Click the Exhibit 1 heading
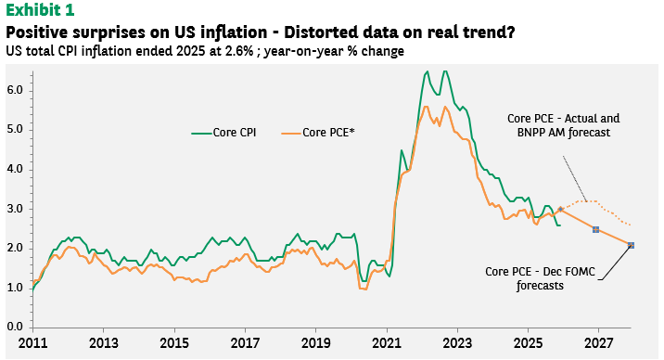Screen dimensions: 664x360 coord(40,10)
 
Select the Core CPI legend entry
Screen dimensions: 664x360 coord(223,133)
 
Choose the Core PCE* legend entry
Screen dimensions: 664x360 coord(318,133)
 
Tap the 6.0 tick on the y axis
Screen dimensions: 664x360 coord(15,90)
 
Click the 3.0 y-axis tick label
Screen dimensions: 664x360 coord(15,209)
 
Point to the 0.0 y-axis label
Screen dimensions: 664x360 coord(15,327)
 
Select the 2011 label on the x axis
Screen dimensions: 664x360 coord(32,342)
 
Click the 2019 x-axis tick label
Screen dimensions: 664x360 coord(315,342)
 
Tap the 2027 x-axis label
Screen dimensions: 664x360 coord(598,342)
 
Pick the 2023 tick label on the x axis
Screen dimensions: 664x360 coord(457,342)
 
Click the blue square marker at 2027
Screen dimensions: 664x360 coord(595,229)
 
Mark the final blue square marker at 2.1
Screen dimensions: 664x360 coord(631,245)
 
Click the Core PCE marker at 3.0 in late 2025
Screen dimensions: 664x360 coord(560,209)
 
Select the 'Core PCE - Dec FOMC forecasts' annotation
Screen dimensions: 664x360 coord(540,278)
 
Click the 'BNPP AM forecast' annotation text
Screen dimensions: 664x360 coord(564,133)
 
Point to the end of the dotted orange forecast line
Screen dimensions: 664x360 coord(631,225)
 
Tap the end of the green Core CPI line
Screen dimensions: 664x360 coord(560,225)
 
